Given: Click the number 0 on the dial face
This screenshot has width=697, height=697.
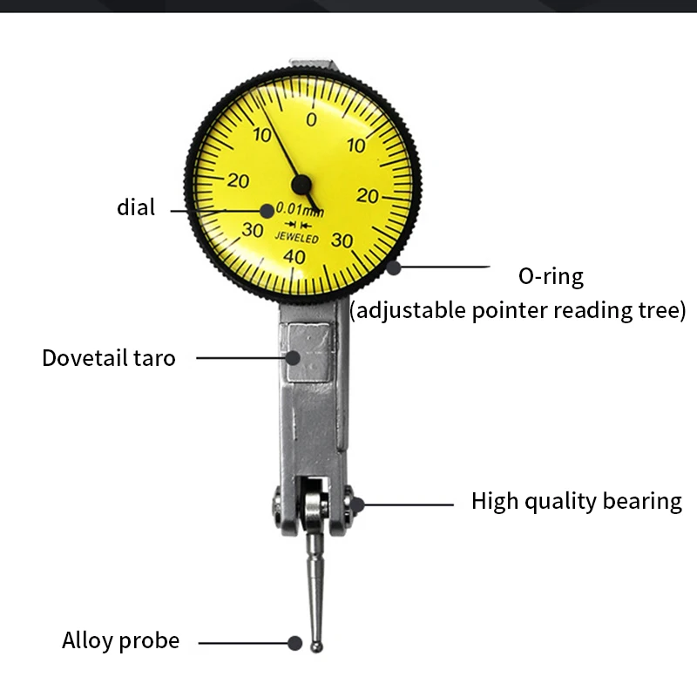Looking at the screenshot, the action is (x=312, y=120).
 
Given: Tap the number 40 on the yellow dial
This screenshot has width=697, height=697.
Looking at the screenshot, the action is (x=294, y=256).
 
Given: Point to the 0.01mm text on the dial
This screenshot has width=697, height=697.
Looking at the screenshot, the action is (x=300, y=210).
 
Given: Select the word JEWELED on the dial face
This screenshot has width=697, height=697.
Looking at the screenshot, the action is (x=297, y=238).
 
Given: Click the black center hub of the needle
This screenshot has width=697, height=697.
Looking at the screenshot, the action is (x=301, y=184).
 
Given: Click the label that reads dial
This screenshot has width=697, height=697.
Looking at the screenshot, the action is (x=136, y=207).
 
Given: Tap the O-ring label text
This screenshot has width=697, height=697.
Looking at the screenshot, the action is (x=551, y=277).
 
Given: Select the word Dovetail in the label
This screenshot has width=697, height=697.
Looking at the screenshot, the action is (x=83, y=358).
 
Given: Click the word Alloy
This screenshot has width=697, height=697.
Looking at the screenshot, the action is (x=87, y=641).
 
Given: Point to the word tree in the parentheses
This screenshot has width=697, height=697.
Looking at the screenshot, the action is (x=663, y=310).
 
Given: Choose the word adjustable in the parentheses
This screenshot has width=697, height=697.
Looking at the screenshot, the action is (x=409, y=310).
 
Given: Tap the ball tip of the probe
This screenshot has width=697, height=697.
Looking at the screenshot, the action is (x=317, y=646).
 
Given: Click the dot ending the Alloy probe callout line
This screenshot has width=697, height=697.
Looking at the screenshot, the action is (x=294, y=643).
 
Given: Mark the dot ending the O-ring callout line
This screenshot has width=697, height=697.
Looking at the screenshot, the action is (x=394, y=267).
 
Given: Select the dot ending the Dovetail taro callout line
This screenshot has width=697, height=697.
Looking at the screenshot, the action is (x=294, y=356).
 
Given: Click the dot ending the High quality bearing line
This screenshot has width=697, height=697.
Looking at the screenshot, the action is (x=356, y=503).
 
